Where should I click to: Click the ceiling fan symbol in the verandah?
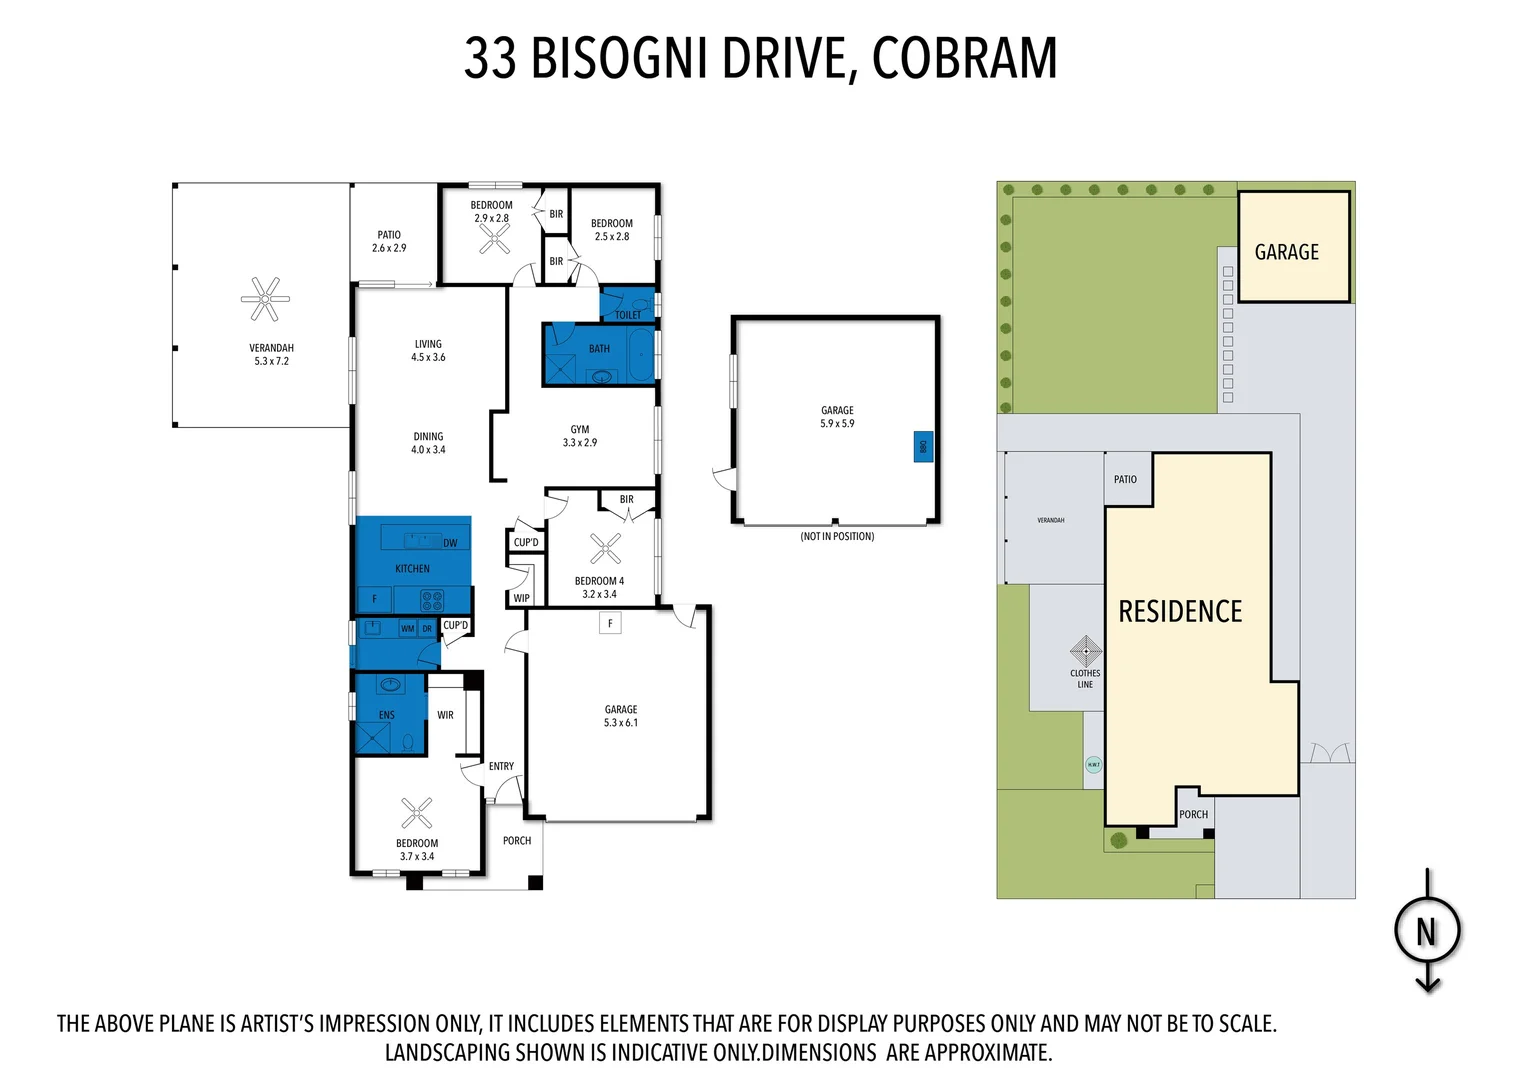[265, 299]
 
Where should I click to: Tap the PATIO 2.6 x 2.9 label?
[389, 242]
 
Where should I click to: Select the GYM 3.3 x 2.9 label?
[580, 436]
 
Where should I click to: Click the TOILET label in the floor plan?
[628, 315]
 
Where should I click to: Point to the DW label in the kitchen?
[450, 543]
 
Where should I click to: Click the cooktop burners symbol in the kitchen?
[432, 600]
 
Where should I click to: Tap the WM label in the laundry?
[407, 629]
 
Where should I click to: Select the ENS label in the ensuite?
[387, 715]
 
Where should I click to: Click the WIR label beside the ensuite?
[445, 715]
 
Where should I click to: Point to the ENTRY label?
[501, 767]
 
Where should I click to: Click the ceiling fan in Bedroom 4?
[605, 548]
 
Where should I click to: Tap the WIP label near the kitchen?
[521, 598]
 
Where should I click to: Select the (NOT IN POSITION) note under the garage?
[837, 537]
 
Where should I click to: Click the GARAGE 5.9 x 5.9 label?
[837, 417]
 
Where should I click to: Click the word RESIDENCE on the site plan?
[1180, 612]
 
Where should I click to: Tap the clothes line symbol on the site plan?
[1086, 651]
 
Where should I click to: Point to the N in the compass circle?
[1427, 932]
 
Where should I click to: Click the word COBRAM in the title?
[964, 58]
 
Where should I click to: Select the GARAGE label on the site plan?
[1287, 253]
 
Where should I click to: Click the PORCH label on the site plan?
[1193, 815]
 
